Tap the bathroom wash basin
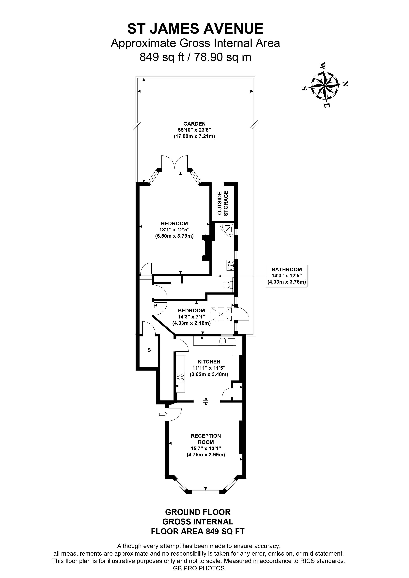coord(230,265)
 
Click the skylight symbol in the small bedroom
coord(221,314)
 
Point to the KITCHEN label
coord(209,362)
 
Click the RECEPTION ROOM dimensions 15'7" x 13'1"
coord(206,448)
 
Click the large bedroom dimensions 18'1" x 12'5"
coord(174,230)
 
